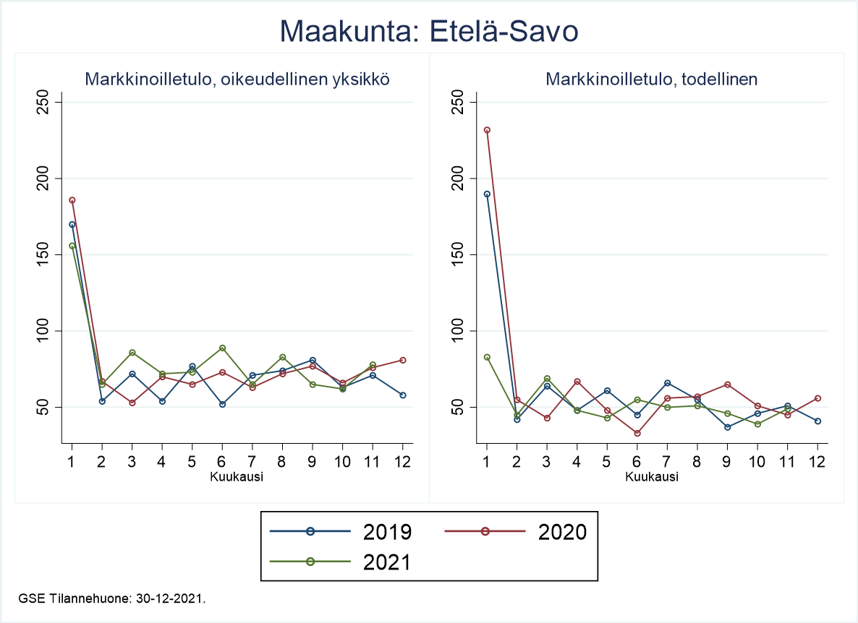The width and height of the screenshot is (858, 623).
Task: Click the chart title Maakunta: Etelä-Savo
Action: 429,31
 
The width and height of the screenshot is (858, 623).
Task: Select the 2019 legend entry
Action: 341,532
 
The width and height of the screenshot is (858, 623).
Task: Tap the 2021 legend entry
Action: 341,562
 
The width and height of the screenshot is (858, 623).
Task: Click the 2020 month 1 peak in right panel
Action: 487,130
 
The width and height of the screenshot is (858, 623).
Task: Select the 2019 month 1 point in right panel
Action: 487,194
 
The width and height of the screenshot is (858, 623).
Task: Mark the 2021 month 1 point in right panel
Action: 487,357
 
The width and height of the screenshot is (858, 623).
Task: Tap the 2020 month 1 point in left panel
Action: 72,200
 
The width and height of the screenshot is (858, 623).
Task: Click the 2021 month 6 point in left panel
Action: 222,348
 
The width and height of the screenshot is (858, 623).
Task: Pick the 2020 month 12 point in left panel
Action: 403,360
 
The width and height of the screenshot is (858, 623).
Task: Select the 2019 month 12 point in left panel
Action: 403,395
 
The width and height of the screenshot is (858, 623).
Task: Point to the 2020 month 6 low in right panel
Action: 637,433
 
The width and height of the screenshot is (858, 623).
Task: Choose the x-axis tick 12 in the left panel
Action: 403,463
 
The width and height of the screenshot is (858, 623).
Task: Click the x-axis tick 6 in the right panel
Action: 637,463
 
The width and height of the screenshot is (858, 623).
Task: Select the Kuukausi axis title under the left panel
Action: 237,477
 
